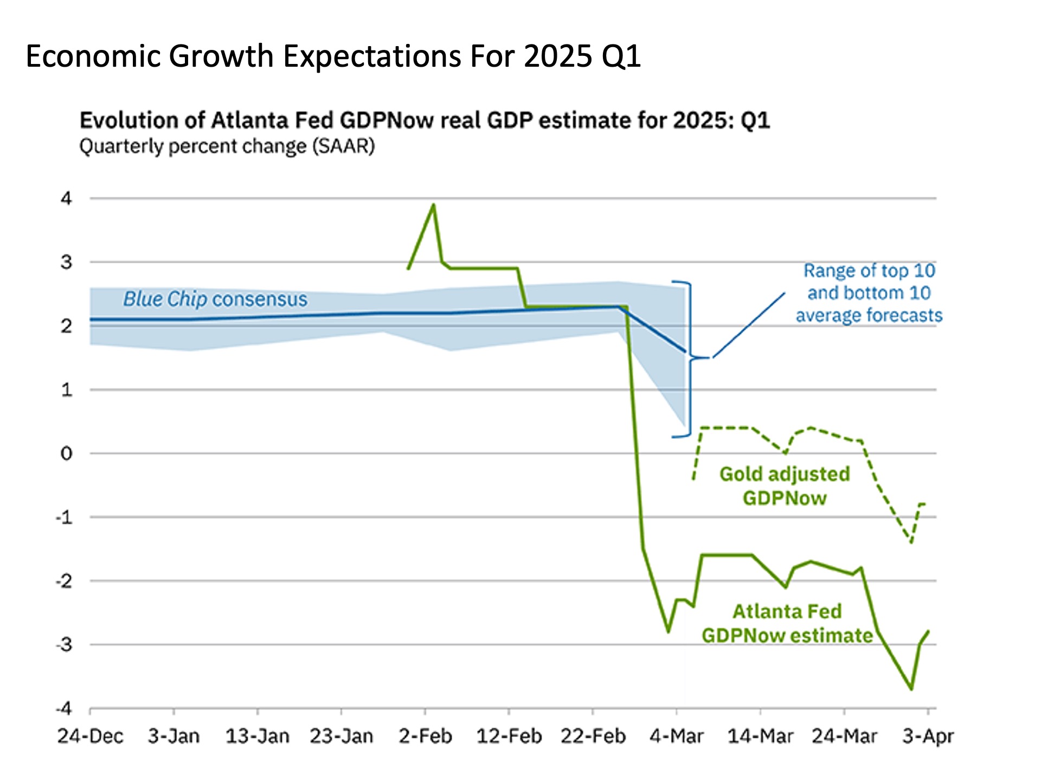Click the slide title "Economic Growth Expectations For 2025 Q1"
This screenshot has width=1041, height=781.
pos(333,56)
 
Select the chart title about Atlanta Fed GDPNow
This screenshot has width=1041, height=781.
pos(425,120)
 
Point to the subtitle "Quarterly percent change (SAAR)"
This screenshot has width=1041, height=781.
pos(227,146)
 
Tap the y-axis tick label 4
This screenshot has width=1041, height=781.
pos(66,199)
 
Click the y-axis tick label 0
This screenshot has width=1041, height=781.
pos(66,453)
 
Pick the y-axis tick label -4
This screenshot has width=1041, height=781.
pos(64,708)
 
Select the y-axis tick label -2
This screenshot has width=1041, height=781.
pos(64,581)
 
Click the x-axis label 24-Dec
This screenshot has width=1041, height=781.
pos(90,737)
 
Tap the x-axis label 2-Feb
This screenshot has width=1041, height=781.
pos(425,737)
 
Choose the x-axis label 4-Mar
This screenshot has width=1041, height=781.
pos(676,737)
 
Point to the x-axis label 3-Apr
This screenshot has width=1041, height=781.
pos(928,737)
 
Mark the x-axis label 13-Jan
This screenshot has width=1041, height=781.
pos(257,737)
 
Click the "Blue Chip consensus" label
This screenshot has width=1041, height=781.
pos(215,299)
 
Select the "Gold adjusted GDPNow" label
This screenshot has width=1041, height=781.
pos(785,486)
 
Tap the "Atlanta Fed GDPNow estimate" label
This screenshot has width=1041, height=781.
pos(787,624)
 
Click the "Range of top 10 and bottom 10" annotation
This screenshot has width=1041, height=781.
pos(869,293)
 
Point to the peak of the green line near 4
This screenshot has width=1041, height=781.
pos(433,205)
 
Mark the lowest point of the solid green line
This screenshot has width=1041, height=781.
pos(911,689)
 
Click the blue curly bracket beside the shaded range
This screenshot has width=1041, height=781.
pos(690,358)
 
